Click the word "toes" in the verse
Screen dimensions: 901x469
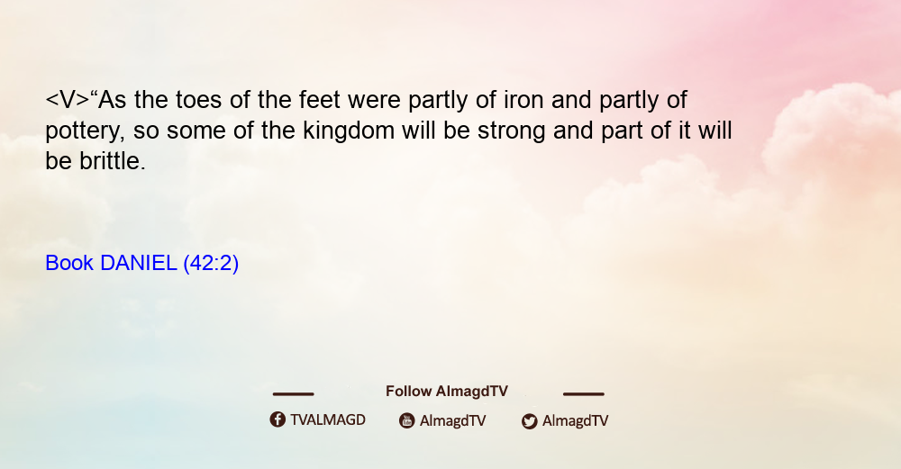coord(198,100)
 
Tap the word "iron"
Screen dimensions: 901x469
coord(523,100)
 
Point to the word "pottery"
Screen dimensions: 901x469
coord(85,131)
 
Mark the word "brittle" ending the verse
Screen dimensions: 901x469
coord(113,161)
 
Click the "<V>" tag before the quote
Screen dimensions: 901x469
coord(68,100)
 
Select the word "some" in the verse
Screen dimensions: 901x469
coord(192,131)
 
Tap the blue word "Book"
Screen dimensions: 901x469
coord(69,263)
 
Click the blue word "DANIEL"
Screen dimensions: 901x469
coord(138,263)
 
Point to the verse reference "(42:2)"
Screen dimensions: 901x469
coord(211,264)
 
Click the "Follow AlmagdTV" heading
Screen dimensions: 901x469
coord(447,392)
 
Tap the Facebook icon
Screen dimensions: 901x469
coord(278,419)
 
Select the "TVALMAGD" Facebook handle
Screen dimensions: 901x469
coord(328,419)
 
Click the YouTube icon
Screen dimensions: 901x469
coord(407,420)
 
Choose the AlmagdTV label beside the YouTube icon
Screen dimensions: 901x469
coord(453,420)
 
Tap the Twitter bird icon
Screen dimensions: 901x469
coord(529,421)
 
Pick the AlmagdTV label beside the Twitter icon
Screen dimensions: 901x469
coord(575,420)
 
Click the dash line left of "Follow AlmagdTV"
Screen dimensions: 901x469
coord(293,394)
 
